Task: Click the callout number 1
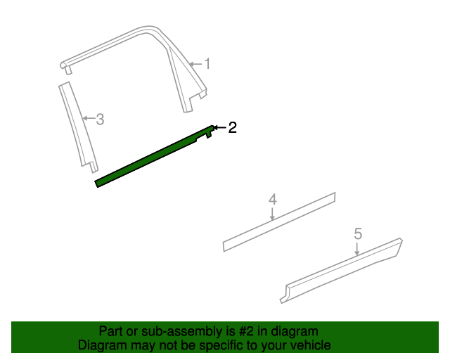(x=207, y=64)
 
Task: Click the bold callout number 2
(x=232, y=127)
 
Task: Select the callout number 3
(x=100, y=119)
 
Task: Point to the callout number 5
(x=358, y=233)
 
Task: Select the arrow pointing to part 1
(x=195, y=64)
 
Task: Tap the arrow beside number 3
(x=88, y=118)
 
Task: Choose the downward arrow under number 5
(x=358, y=248)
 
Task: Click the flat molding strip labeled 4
(x=281, y=221)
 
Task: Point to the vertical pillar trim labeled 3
(x=76, y=127)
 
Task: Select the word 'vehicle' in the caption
(x=311, y=345)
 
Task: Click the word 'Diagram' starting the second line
(x=99, y=345)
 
